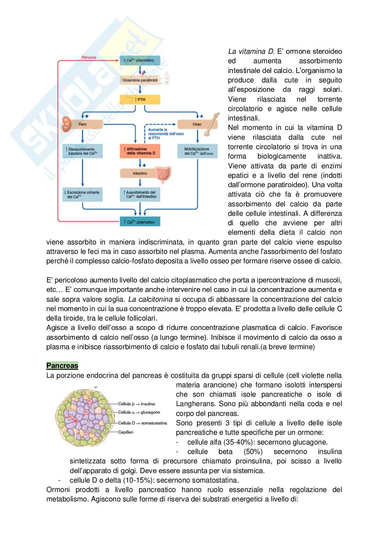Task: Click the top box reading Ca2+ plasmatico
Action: [x=140, y=60]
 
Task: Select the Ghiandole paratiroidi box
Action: [x=140, y=80]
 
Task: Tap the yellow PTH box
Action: [x=140, y=100]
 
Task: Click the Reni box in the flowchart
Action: [x=83, y=124]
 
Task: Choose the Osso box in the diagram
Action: [x=197, y=124]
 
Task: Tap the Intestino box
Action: [x=140, y=173]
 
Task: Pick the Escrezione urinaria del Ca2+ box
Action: [x=83, y=194]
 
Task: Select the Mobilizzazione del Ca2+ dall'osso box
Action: [x=197, y=151]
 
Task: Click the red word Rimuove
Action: [x=89, y=57]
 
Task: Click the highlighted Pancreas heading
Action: [x=62, y=366]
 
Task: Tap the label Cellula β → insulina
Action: [x=136, y=404]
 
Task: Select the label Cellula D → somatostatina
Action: [x=142, y=423]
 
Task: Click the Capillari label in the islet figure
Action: [x=125, y=432]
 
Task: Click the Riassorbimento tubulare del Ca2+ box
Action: [x=83, y=151]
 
